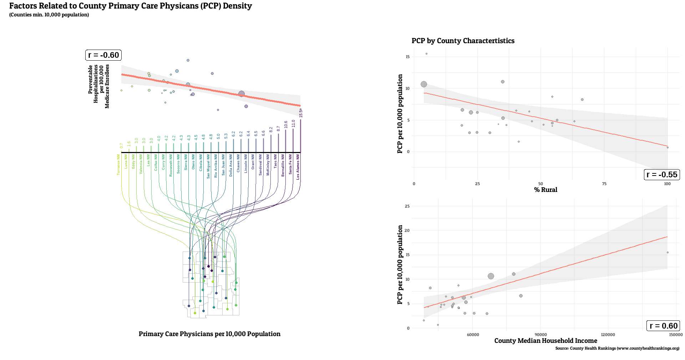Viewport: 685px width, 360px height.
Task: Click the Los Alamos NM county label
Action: click(x=298, y=167)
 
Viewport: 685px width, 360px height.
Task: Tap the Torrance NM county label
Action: click(x=118, y=165)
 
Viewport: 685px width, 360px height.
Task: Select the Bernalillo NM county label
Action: click(x=283, y=166)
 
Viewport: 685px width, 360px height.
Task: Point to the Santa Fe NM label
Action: click(x=290, y=164)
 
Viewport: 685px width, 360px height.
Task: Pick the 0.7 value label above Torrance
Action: click(x=121, y=146)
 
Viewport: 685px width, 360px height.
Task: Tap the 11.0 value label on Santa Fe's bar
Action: click(x=293, y=123)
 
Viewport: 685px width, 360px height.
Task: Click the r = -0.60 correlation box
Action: click(x=103, y=55)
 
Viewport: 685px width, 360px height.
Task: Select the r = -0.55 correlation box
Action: click(x=661, y=174)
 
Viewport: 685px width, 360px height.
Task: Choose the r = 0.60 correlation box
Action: click(x=663, y=326)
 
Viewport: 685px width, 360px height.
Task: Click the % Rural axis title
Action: click(x=546, y=190)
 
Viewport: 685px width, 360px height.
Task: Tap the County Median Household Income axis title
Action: click(x=546, y=341)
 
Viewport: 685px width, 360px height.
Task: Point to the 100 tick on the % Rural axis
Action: click(x=667, y=184)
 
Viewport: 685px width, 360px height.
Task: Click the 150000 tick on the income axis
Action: click(x=676, y=335)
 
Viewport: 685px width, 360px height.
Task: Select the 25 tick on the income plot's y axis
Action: click(x=407, y=206)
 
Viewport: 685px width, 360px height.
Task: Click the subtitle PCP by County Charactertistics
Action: click(x=463, y=41)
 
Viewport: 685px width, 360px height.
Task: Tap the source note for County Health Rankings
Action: click(x=617, y=348)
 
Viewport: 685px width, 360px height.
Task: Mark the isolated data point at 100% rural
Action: click(x=668, y=147)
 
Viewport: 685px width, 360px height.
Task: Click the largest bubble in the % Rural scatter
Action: click(x=424, y=84)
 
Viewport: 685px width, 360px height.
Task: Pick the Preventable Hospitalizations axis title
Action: click(x=99, y=86)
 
